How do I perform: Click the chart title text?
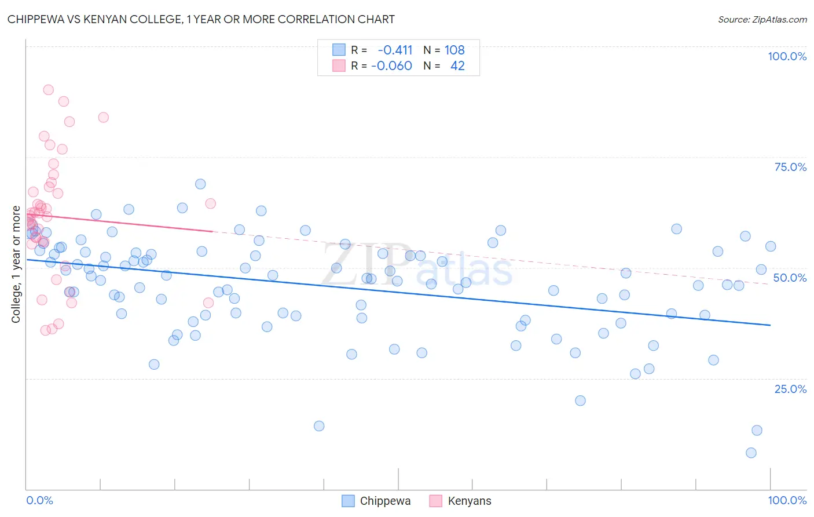[201, 19]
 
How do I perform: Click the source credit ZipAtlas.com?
[762, 19]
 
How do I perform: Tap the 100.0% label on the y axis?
[787, 56]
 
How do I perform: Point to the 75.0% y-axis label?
[790, 167]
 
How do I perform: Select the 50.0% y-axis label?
[790, 278]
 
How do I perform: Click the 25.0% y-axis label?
[790, 389]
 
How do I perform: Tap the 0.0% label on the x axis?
[39, 500]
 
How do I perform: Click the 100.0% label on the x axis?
[787, 500]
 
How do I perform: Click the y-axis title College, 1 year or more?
[16, 264]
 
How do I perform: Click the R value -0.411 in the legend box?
[395, 50]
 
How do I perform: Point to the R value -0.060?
[391, 65]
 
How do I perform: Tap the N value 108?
[454, 50]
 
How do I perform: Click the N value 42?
[457, 65]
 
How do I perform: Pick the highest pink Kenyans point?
[49, 90]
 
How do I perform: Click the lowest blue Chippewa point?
[751, 453]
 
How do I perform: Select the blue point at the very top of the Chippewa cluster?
[200, 184]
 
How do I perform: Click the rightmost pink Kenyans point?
[211, 203]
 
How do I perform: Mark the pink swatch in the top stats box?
[339, 65]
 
